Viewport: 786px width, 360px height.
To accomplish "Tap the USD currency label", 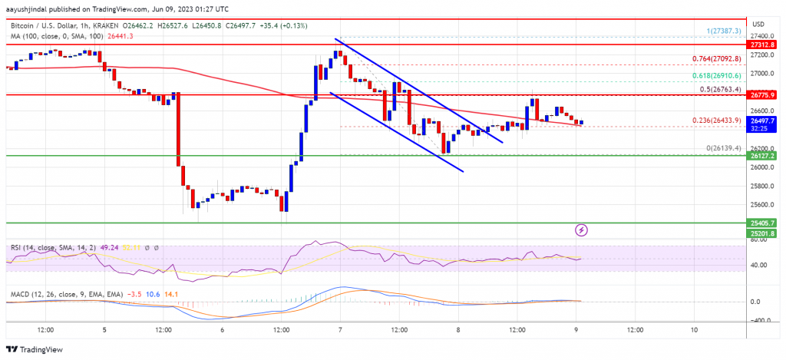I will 759,22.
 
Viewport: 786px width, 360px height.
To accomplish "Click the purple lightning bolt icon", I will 582,230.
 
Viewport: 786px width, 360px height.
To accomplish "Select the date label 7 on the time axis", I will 340,329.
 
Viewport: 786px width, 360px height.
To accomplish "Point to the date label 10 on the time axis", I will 693,329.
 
